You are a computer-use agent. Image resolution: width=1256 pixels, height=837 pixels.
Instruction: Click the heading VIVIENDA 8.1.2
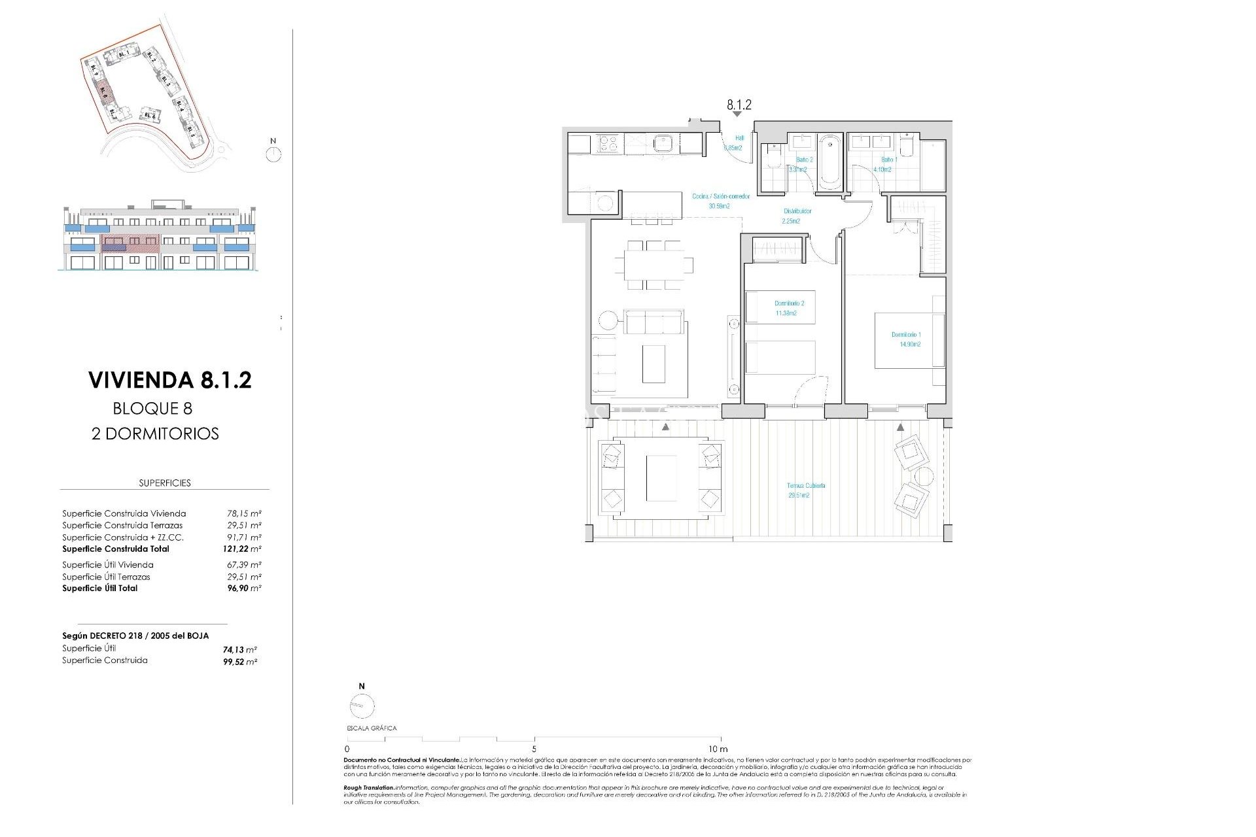point(169,381)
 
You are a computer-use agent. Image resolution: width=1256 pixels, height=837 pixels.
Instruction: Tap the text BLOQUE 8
point(152,409)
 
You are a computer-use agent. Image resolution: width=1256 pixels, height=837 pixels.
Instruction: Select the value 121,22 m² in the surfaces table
point(241,549)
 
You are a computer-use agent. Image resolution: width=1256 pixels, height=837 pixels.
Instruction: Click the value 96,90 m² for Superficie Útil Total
point(243,589)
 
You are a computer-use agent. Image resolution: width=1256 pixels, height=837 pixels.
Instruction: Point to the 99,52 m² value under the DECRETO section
point(239,662)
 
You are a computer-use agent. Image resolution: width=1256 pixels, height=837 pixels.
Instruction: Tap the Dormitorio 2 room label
point(789,308)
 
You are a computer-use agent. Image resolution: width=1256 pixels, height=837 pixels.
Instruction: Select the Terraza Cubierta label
point(805,490)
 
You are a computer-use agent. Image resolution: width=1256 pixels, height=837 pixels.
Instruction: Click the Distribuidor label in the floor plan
point(797,216)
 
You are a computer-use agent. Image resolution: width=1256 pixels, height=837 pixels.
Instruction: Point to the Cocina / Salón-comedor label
point(720,201)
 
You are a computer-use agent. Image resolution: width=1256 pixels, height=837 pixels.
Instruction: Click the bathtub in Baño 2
point(829,162)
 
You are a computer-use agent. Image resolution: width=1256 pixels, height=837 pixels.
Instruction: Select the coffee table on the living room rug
point(654,364)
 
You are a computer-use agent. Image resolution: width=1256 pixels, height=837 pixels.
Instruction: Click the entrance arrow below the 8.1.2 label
point(737,114)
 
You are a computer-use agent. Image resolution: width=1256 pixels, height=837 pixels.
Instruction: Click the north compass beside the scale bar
point(362,706)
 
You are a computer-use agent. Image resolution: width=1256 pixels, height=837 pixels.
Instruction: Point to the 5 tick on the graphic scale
point(534,748)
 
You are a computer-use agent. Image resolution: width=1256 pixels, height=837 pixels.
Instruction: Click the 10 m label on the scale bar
point(718,749)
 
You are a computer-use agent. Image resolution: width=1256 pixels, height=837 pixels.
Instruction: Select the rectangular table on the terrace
point(661,479)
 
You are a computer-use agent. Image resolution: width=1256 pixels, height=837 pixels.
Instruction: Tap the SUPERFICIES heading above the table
point(165,483)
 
